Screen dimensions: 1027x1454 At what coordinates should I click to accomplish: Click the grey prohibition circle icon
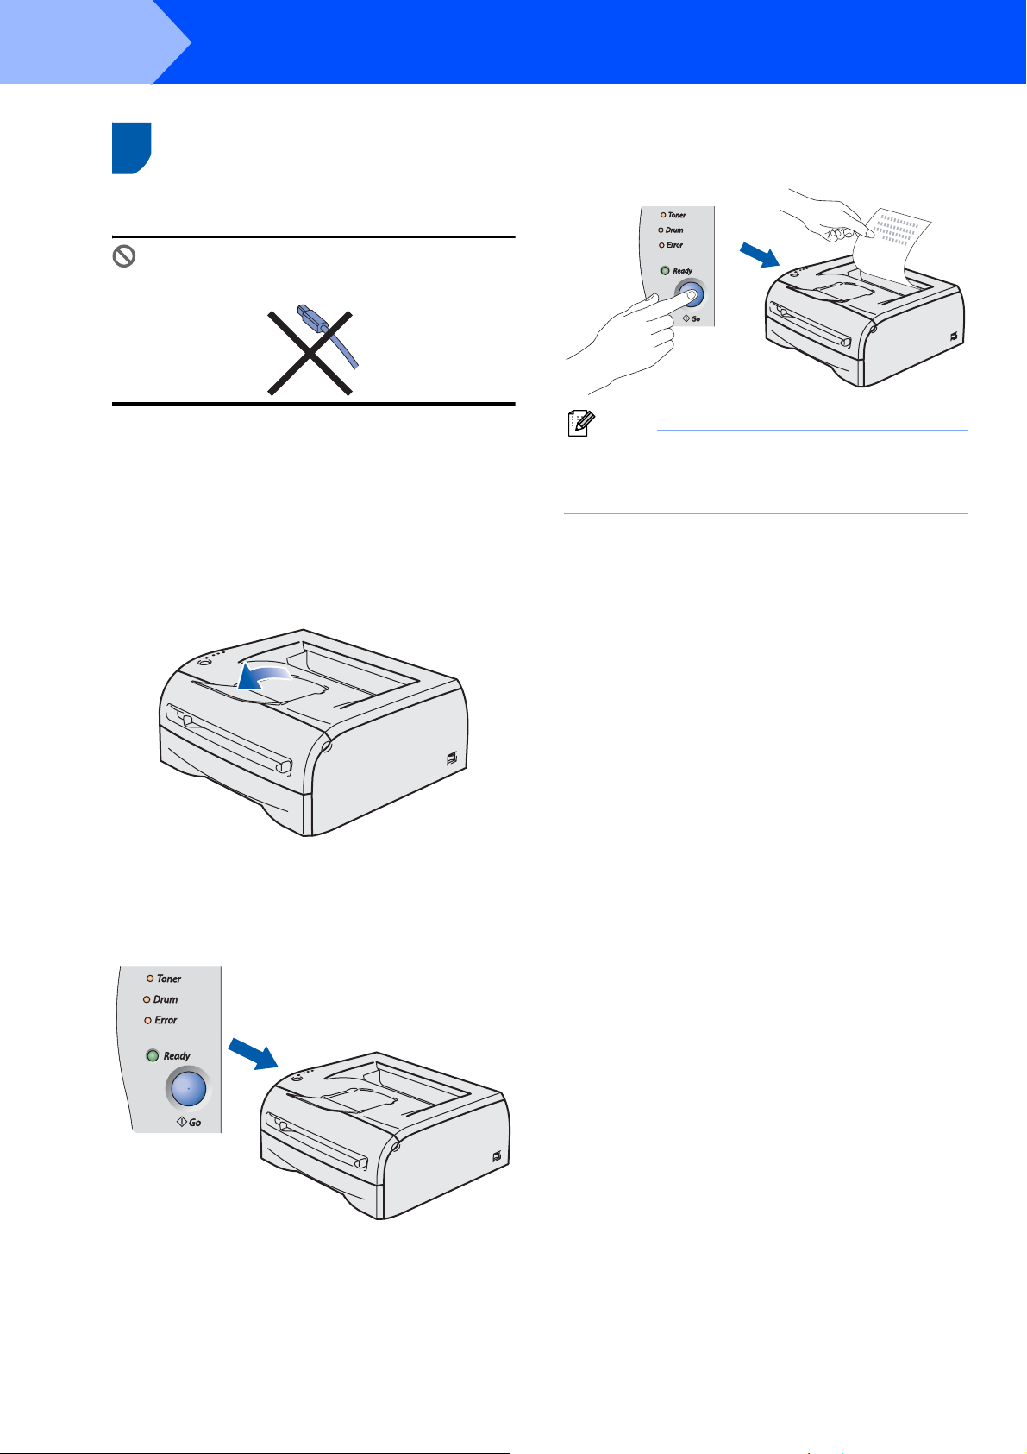124,256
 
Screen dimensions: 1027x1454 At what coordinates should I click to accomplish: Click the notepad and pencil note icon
581,423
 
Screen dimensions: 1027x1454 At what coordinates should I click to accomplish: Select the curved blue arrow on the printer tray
263,675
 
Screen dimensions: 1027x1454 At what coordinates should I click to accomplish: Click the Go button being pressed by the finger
691,295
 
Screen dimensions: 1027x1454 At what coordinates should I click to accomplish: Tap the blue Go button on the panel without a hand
188,1088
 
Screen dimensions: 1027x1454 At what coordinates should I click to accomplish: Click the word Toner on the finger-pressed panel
677,215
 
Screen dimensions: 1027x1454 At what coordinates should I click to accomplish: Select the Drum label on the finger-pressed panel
674,230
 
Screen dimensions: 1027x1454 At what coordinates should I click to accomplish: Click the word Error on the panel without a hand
166,1020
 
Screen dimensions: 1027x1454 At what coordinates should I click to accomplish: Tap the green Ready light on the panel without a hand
153,1055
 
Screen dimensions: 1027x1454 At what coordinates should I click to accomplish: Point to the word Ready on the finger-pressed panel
682,271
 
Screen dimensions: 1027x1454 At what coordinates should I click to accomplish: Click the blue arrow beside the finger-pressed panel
760,255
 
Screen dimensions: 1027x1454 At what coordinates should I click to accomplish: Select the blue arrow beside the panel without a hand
254,1052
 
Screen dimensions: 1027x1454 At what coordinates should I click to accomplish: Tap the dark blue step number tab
132,148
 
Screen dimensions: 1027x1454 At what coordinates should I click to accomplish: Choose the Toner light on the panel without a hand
150,979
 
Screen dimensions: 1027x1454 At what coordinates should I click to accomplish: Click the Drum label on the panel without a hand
166,999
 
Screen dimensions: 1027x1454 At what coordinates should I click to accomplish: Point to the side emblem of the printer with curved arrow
452,758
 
